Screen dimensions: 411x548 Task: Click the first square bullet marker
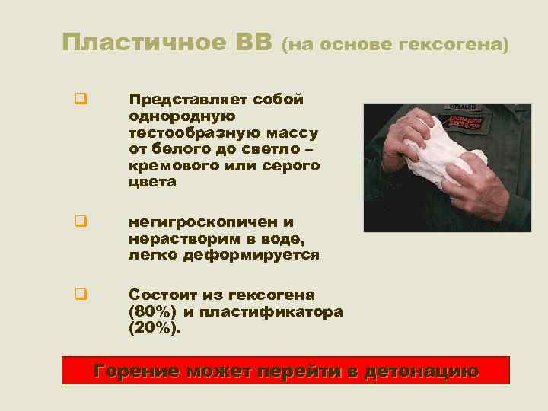[x=79, y=98]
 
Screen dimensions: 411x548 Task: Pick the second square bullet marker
[x=79, y=223]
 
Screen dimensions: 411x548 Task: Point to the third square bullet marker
[x=79, y=292]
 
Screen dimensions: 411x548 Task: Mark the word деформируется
[x=250, y=255]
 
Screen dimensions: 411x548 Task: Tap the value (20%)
[x=155, y=328]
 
